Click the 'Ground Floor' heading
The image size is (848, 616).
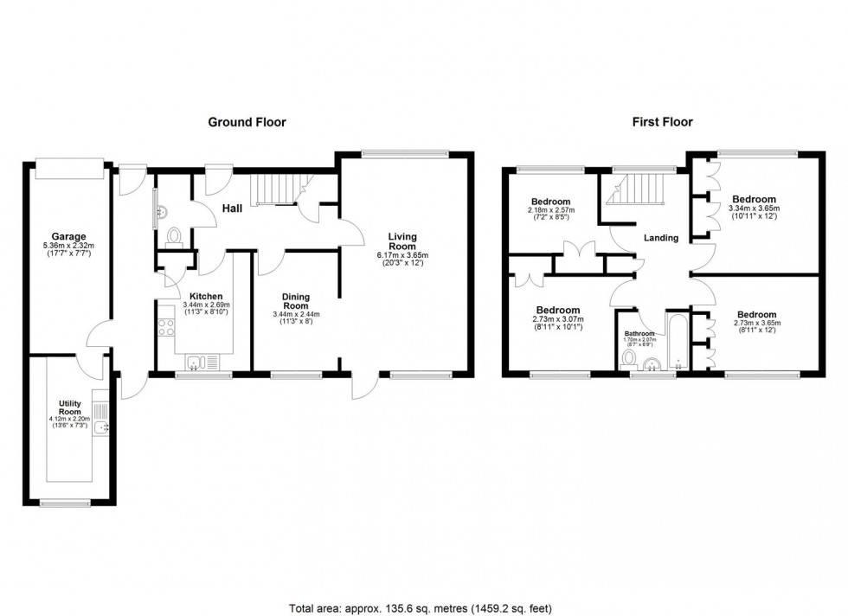(x=247, y=122)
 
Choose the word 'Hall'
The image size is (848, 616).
(x=231, y=209)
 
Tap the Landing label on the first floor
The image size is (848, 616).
(x=659, y=237)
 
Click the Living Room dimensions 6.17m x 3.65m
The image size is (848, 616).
(x=402, y=256)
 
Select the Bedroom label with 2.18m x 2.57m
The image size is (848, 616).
(x=551, y=202)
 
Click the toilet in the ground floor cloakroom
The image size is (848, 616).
(x=173, y=235)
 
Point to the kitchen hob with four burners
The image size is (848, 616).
(x=164, y=330)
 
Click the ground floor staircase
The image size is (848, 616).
(x=274, y=188)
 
